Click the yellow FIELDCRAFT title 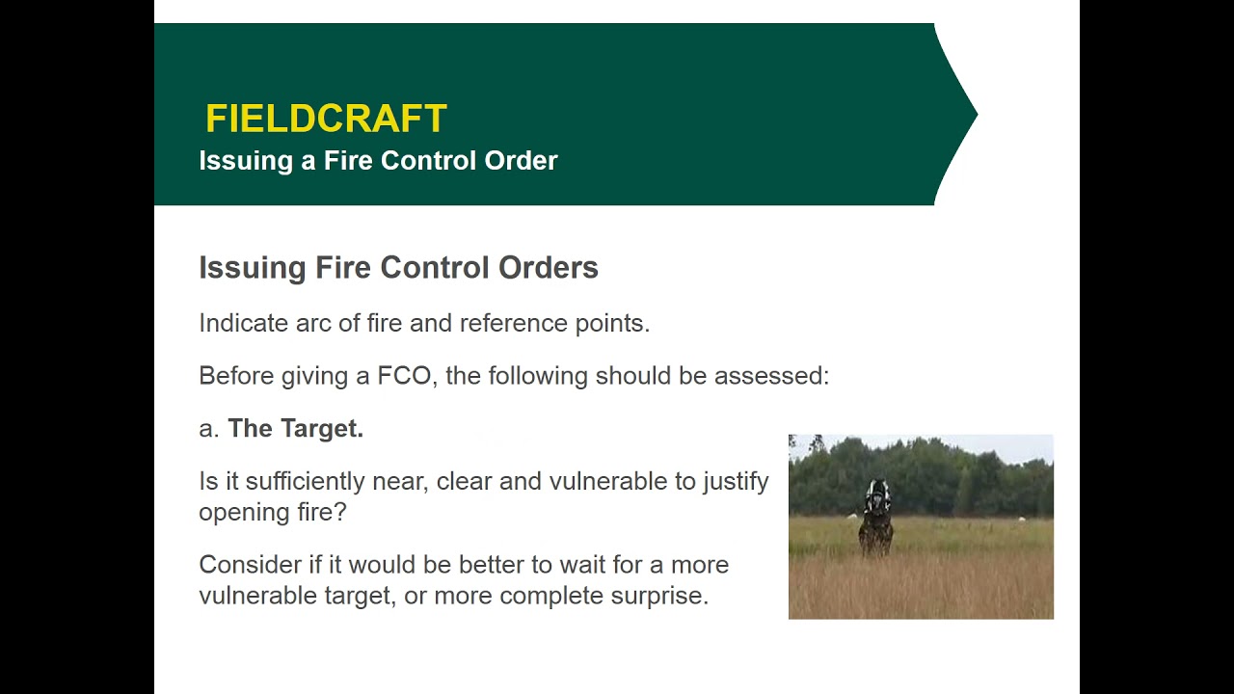click(x=326, y=119)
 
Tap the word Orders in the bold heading click(x=548, y=268)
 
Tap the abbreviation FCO click(x=404, y=376)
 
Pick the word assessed click(x=770, y=376)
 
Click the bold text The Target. click(x=295, y=429)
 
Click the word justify click(x=736, y=481)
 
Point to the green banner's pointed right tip click(x=976, y=114)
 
